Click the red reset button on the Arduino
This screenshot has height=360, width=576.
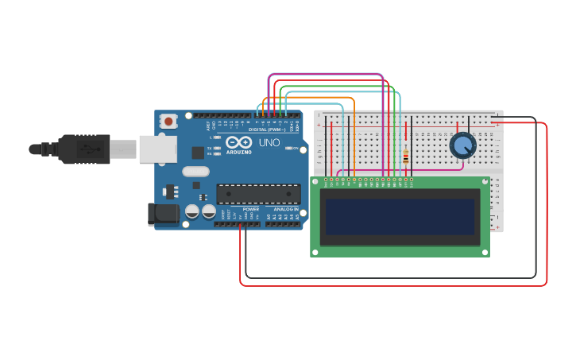click(x=168, y=122)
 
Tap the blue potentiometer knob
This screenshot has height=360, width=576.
click(x=462, y=145)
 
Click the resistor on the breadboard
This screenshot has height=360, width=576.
click(x=406, y=157)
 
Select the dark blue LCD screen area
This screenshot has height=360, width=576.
click(x=400, y=217)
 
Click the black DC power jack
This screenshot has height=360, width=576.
click(x=163, y=213)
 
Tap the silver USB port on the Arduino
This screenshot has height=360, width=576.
click(x=157, y=149)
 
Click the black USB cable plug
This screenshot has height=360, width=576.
click(x=83, y=149)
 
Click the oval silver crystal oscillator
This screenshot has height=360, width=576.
click(x=195, y=171)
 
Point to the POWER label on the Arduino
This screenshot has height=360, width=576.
click(x=251, y=209)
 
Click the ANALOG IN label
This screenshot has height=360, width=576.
click(x=285, y=209)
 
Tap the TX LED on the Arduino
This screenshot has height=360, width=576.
click(x=217, y=148)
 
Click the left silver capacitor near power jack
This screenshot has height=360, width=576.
click(x=192, y=211)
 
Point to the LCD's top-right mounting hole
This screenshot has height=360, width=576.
click(x=484, y=182)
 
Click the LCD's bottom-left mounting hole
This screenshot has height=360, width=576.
click(x=315, y=252)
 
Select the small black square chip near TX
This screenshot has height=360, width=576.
click(x=197, y=152)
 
